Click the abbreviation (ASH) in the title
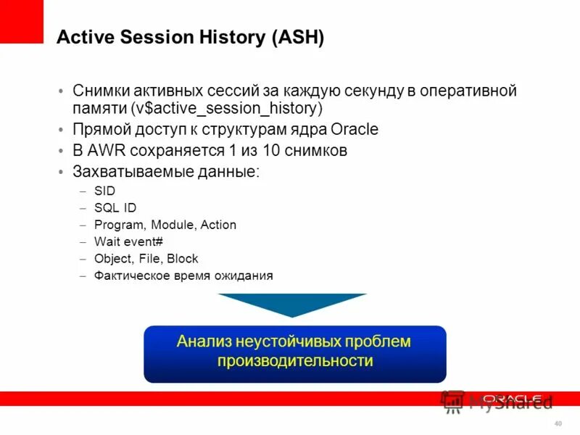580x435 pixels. coord(298,38)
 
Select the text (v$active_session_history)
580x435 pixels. coord(227,109)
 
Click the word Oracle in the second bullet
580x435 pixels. coord(355,130)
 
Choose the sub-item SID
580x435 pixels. coord(104,191)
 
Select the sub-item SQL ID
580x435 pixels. coord(115,208)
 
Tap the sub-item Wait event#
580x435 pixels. coord(128,241)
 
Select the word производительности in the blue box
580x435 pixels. coord(295,360)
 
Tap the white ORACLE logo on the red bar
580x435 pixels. coord(512,399)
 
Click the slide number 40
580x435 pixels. coord(558,423)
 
